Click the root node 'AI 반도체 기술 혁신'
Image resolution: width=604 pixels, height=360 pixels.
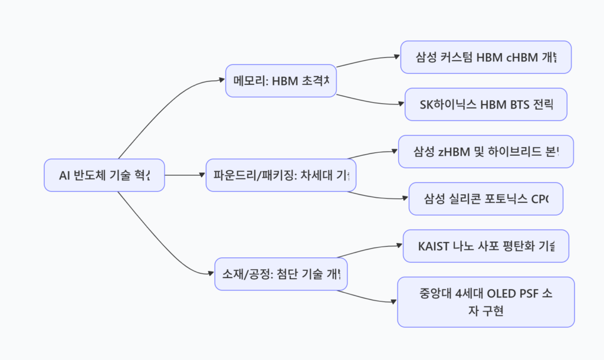(x=104, y=175)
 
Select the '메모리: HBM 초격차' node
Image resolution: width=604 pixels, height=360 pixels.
(x=281, y=81)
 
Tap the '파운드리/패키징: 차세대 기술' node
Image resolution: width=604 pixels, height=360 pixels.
(x=281, y=175)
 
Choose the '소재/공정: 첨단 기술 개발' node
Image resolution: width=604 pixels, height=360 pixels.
(x=281, y=274)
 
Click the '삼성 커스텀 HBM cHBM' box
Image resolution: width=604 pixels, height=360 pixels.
(x=486, y=57)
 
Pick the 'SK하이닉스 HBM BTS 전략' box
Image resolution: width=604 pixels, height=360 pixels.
(x=486, y=104)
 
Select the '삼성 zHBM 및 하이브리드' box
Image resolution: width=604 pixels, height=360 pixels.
(x=486, y=152)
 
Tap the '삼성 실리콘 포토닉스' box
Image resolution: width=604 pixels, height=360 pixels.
(x=486, y=199)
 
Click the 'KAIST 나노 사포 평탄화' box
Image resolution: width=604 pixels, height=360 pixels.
(x=486, y=246)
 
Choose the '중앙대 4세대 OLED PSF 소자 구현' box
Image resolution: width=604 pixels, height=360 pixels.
(x=486, y=302)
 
